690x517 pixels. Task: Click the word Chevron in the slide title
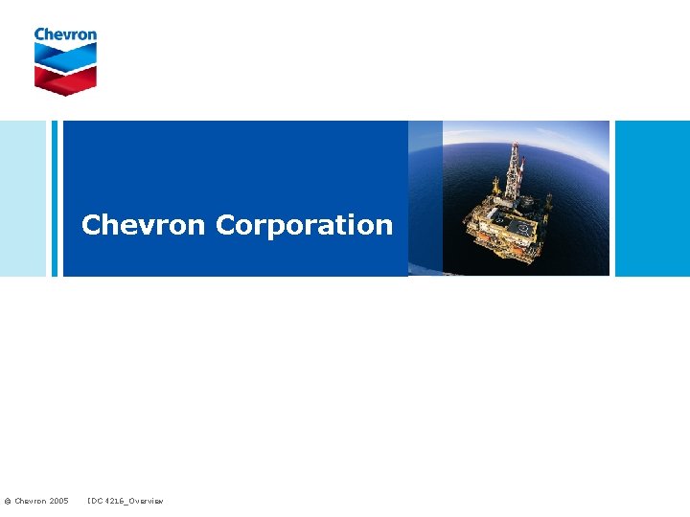point(144,225)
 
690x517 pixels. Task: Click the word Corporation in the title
point(304,225)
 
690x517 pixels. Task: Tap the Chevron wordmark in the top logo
point(65,34)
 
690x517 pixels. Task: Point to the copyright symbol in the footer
point(7,501)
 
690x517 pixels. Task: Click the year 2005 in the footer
point(57,501)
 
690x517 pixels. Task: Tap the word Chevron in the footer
point(29,501)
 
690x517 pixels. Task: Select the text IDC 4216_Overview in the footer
point(125,501)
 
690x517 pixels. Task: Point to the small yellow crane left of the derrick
point(494,187)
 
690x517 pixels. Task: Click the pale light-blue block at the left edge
point(22,198)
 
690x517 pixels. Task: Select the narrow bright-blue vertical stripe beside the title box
point(55,198)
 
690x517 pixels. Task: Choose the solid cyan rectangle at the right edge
point(652,198)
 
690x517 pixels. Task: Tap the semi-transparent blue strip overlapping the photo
point(425,198)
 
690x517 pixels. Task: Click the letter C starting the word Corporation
point(227,225)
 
